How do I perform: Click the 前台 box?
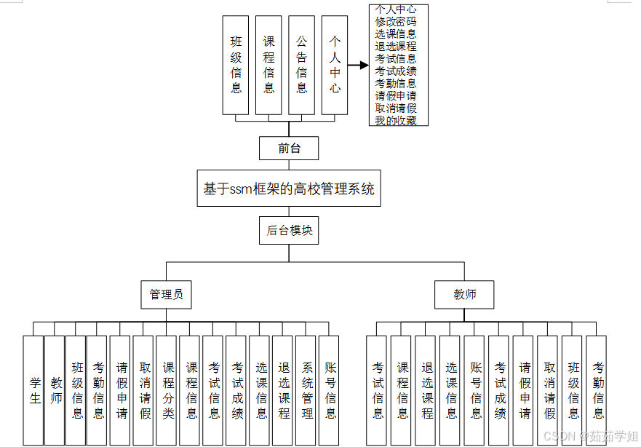coord(289,149)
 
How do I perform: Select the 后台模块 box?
coord(289,230)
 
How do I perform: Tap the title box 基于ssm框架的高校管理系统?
coord(289,189)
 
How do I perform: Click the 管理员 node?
coord(166,295)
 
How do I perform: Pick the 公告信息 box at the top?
coord(302,65)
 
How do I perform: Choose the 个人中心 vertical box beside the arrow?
coord(335,65)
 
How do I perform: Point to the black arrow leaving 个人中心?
coord(358,65)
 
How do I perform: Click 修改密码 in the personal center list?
coord(396,22)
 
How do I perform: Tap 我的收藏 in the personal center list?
coord(396,121)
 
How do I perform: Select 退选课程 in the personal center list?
coord(396,47)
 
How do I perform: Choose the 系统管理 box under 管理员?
coord(307,389)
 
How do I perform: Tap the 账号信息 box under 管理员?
coord(330,389)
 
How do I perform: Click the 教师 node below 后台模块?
coord(465,295)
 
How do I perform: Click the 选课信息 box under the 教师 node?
coord(451,389)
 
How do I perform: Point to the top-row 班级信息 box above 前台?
coord(236,65)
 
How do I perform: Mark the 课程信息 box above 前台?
coord(269,65)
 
